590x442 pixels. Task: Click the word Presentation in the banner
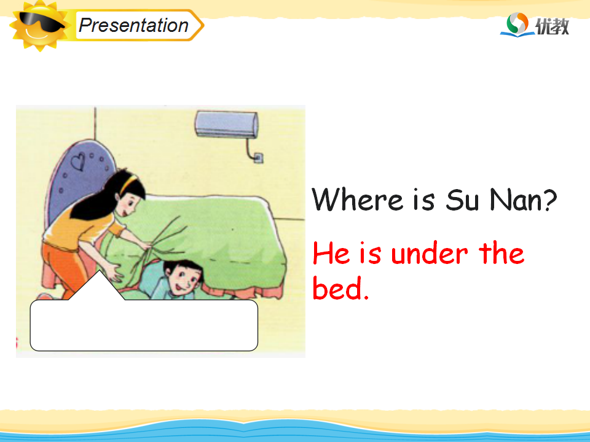133,25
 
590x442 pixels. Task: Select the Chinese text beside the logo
552,26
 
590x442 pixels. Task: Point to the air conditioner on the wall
227,124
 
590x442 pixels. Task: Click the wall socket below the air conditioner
259,158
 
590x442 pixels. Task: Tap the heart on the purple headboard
78,161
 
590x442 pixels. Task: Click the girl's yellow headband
128,184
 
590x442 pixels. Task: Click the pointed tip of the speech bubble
99,271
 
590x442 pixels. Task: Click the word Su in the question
462,200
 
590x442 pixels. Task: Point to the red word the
502,252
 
